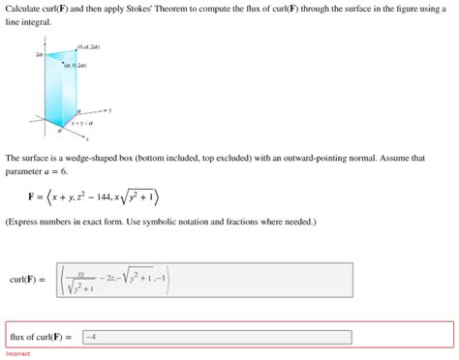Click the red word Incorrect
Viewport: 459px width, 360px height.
click(18, 354)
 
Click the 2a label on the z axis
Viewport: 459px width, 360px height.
click(39, 55)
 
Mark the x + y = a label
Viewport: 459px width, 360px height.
click(81, 123)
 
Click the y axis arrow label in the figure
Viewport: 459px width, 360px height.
click(110, 110)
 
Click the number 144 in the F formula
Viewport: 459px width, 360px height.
click(115, 197)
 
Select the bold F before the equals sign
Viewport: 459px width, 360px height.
click(32, 198)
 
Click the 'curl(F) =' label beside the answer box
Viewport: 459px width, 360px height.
click(28, 281)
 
